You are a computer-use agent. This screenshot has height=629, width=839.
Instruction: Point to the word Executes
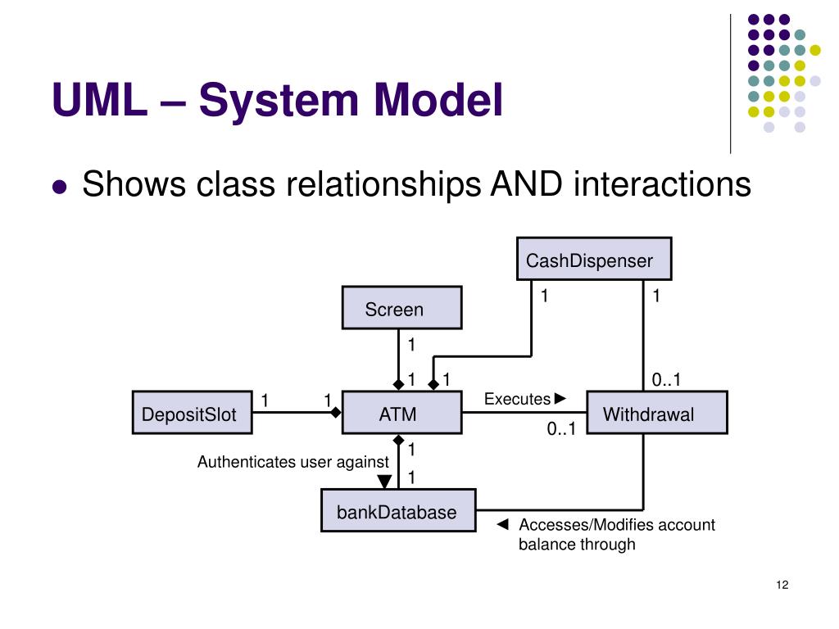click(x=517, y=399)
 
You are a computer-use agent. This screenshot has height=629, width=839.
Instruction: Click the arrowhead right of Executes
click(x=560, y=399)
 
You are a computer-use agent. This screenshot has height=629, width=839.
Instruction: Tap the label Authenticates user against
click(x=293, y=462)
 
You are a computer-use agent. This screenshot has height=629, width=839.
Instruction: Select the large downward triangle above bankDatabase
click(x=384, y=481)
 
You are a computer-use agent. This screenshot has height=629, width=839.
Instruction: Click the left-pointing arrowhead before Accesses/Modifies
click(x=503, y=524)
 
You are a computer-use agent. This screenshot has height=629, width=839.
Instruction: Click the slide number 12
click(x=781, y=584)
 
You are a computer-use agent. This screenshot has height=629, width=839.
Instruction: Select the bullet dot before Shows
click(x=59, y=187)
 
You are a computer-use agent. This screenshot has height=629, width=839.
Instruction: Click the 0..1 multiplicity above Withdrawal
click(x=666, y=379)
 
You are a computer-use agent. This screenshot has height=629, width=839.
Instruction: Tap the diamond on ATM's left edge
click(x=335, y=413)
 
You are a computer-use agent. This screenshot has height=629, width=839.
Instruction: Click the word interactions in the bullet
click(x=662, y=184)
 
